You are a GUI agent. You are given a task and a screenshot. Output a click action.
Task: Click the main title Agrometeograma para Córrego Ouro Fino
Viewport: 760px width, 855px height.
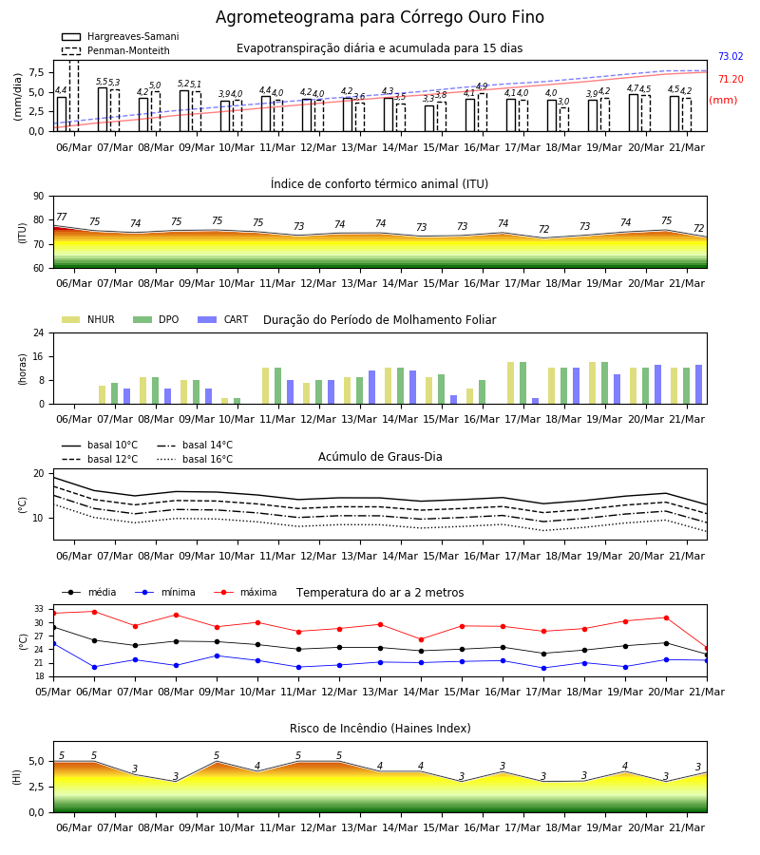[380, 17]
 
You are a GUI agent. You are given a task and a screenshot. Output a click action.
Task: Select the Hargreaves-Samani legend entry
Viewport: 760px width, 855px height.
[121, 36]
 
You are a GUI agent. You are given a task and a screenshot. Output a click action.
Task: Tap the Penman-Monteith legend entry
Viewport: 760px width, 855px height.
[116, 50]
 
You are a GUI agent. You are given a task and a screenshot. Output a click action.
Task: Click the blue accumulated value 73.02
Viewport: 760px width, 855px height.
[731, 56]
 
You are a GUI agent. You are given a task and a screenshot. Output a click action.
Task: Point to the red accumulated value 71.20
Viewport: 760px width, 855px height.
[731, 79]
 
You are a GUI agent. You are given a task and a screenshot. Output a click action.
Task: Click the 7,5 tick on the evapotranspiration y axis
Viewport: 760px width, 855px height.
[36, 72]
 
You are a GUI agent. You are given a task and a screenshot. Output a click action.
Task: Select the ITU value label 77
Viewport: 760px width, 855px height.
[61, 217]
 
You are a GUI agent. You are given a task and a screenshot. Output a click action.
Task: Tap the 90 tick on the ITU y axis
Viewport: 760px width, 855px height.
[39, 197]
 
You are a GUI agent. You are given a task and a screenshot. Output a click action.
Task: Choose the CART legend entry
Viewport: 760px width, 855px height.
[223, 319]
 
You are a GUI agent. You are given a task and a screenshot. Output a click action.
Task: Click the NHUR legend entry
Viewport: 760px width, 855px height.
[88, 319]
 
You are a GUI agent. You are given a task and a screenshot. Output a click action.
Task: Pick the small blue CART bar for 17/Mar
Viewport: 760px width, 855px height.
[536, 401]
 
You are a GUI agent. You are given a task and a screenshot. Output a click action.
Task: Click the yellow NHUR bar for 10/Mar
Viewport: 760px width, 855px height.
[224, 401]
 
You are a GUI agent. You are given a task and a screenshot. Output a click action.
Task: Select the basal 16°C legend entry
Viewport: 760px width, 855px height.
[195, 459]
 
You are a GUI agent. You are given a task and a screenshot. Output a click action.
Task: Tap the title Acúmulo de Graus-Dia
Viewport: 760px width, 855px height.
[380, 456]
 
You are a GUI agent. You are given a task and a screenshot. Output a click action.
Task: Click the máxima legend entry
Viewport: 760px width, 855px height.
[245, 592]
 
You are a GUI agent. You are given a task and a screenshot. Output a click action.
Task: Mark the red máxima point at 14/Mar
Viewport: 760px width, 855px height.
[421, 639]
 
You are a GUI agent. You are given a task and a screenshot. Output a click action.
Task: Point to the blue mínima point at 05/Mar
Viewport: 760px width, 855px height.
[54, 644]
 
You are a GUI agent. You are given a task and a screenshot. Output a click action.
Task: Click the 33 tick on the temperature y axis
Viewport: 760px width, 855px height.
[39, 609]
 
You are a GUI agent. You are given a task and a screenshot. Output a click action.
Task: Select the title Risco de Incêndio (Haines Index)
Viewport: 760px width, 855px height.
[380, 729]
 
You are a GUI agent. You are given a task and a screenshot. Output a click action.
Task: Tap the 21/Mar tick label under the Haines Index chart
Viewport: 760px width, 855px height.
[687, 827]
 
